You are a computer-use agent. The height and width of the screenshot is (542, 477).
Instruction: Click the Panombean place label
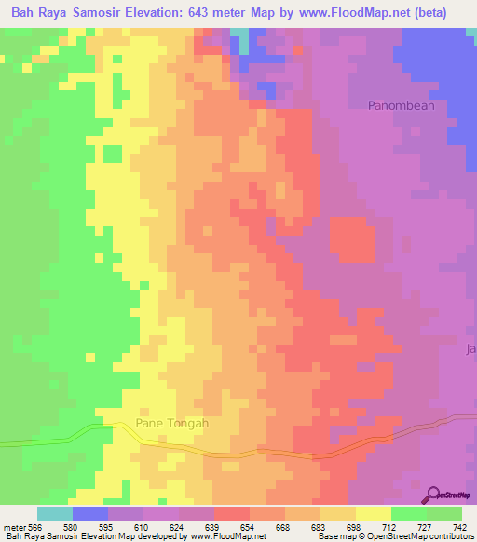[402, 105]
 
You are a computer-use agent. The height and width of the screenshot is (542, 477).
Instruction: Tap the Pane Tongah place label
[172, 423]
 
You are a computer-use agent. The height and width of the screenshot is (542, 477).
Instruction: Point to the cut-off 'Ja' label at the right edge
[470, 349]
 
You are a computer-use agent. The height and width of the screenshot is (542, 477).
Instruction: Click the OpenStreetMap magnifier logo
[434, 494]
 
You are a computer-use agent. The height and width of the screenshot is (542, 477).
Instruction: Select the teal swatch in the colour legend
[55, 513]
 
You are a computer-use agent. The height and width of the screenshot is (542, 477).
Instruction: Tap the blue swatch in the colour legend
[90, 513]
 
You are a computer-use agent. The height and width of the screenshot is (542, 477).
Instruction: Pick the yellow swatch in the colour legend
[374, 513]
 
